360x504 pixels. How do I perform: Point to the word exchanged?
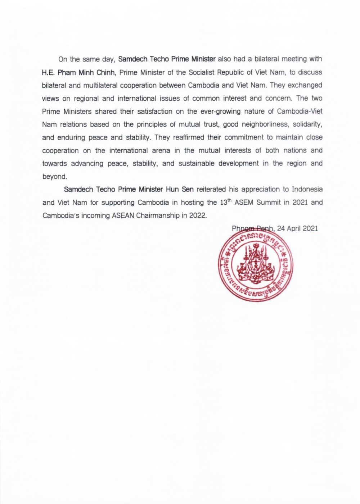tap(305, 85)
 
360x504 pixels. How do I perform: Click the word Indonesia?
tap(307, 189)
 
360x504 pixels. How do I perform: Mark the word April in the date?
tap(295, 228)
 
